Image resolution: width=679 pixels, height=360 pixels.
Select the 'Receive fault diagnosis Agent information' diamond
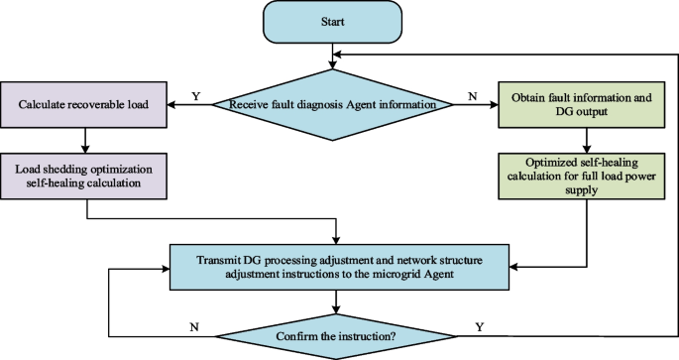[x=339, y=103]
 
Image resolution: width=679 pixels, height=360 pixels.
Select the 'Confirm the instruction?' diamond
[x=339, y=336]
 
